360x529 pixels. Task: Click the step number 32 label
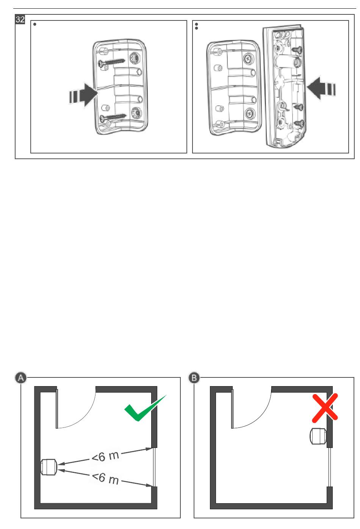click(x=20, y=19)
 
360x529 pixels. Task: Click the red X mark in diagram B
click(x=325, y=408)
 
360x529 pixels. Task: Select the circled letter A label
click(x=21, y=378)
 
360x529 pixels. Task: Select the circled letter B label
click(x=194, y=378)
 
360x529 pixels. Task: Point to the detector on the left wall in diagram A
click(x=49, y=467)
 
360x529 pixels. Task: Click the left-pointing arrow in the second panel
click(x=321, y=89)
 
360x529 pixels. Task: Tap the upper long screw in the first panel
click(x=112, y=62)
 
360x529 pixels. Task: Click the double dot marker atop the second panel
click(x=197, y=26)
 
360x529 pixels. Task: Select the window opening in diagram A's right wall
click(x=154, y=467)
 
